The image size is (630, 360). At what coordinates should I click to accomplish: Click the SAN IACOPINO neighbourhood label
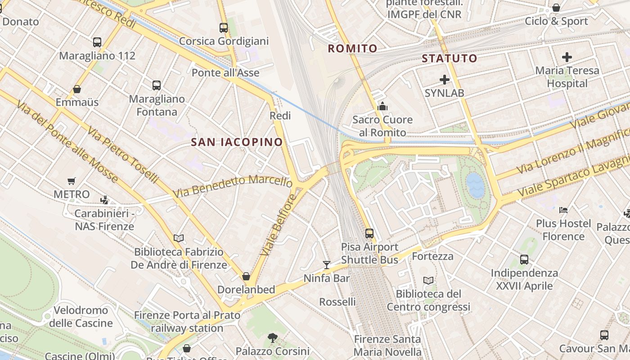[x=237, y=142]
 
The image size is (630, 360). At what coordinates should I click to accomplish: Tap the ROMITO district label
[x=352, y=49]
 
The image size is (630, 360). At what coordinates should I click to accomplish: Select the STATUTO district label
[x=449, y=58]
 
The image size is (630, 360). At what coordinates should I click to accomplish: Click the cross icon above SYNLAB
[x=445, y=80]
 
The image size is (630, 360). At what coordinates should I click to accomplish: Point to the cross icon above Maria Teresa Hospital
[x=567, y=57]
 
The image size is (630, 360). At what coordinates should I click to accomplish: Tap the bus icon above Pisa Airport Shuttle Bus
[x=369, y=234]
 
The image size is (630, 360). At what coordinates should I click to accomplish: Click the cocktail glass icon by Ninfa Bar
[x=327, y=265]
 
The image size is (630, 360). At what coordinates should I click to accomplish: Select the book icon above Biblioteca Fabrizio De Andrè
[x=179, y=238]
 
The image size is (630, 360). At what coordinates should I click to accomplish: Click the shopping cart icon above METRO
[x=72, y=181]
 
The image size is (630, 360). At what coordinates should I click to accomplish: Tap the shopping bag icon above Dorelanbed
[x=246, y=276]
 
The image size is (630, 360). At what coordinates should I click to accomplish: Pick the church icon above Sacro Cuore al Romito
[x=382, y=106]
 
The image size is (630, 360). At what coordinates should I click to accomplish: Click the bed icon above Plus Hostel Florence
[x=563, y=210]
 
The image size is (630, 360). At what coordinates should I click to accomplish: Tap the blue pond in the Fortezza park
[x=476, y=185]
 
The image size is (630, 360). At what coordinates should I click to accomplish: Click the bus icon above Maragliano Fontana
[x=157, y=85]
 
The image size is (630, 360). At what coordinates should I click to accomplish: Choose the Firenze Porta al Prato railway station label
[x=187, y=322]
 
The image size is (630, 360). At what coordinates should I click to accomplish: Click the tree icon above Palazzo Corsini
[x=272, y=337]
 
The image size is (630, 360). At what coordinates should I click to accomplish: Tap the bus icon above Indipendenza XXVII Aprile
[x=524, y=259]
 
